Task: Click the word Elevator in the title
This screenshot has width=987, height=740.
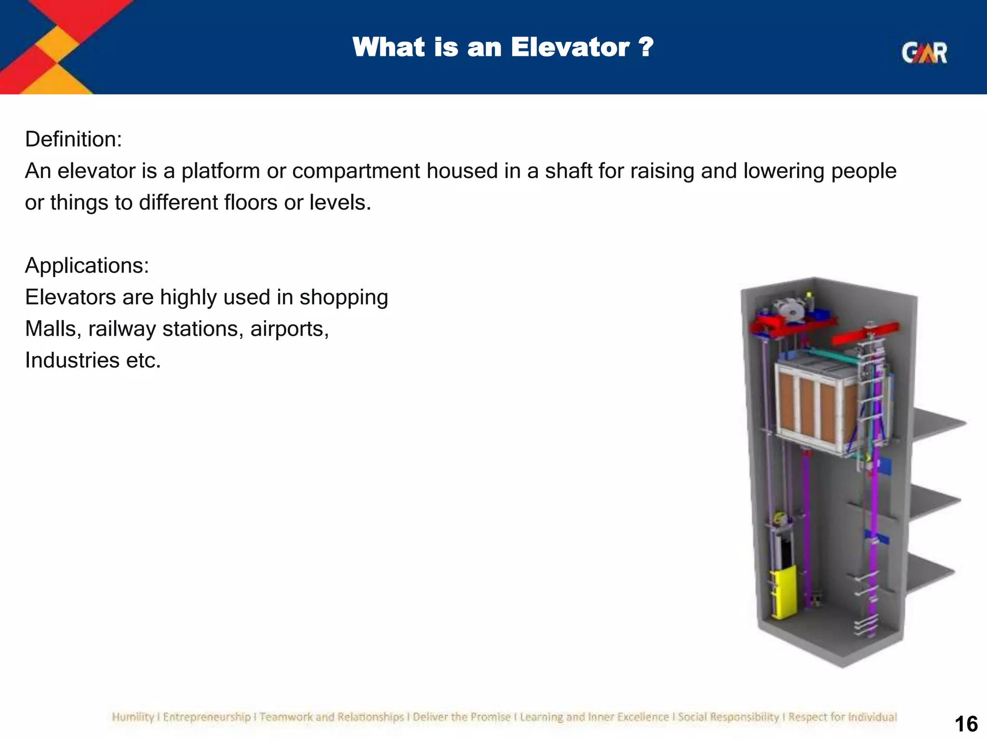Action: [x=570, y=48]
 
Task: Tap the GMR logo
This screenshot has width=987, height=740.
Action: [x=924, y=53]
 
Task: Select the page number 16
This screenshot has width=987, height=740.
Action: [x=966, y=724]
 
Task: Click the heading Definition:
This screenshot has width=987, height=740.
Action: [x=73, y=139]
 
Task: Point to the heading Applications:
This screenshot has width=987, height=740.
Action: [x=87, y=265]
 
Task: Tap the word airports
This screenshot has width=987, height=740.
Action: [x=289, y=329]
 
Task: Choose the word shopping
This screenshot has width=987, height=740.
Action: [x=343, y=298]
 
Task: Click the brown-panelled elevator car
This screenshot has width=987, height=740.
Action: [x=814, y=407]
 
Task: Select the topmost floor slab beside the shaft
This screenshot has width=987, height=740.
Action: [x=937, y=424]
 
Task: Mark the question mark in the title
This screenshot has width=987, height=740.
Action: [x=645, y=48]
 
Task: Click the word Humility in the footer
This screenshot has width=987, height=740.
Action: [x=132, y=717]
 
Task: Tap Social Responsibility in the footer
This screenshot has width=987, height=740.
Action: [x=728, y=717]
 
